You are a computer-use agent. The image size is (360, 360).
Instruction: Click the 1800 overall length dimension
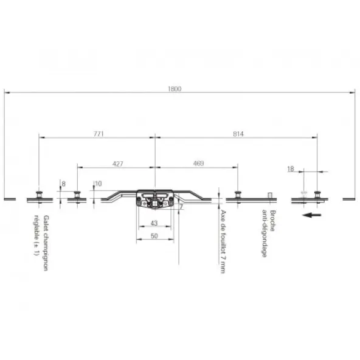tap(175, 89)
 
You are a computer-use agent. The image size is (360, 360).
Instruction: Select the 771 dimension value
tap(99, 134)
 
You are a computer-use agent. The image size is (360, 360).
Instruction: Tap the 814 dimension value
tap(238, 134)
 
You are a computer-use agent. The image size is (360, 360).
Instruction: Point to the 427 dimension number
tap(117, 164)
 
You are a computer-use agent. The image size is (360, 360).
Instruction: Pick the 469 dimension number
tap(198, 164)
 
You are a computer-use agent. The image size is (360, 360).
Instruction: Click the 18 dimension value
tap(291, 169)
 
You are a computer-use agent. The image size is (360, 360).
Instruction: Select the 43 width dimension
tap(154, 223)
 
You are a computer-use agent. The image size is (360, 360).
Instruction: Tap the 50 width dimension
tap(154, 236)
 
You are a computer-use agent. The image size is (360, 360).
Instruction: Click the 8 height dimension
tap(64, 184)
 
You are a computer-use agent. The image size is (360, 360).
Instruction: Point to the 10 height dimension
tap(99, 184)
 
